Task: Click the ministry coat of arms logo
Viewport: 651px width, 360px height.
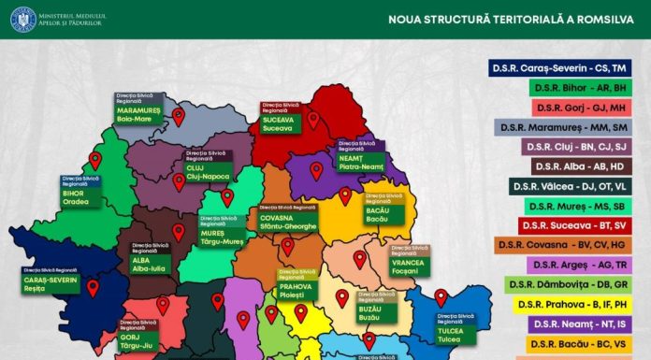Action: pos(22,19)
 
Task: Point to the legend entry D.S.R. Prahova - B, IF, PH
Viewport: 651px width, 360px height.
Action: pos(571,304)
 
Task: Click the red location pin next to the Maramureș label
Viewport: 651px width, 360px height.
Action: pos(179,117)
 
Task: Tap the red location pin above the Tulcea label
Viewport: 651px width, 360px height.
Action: pos(441,298)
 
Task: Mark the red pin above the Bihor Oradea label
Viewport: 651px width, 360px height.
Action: pos(94,160)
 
